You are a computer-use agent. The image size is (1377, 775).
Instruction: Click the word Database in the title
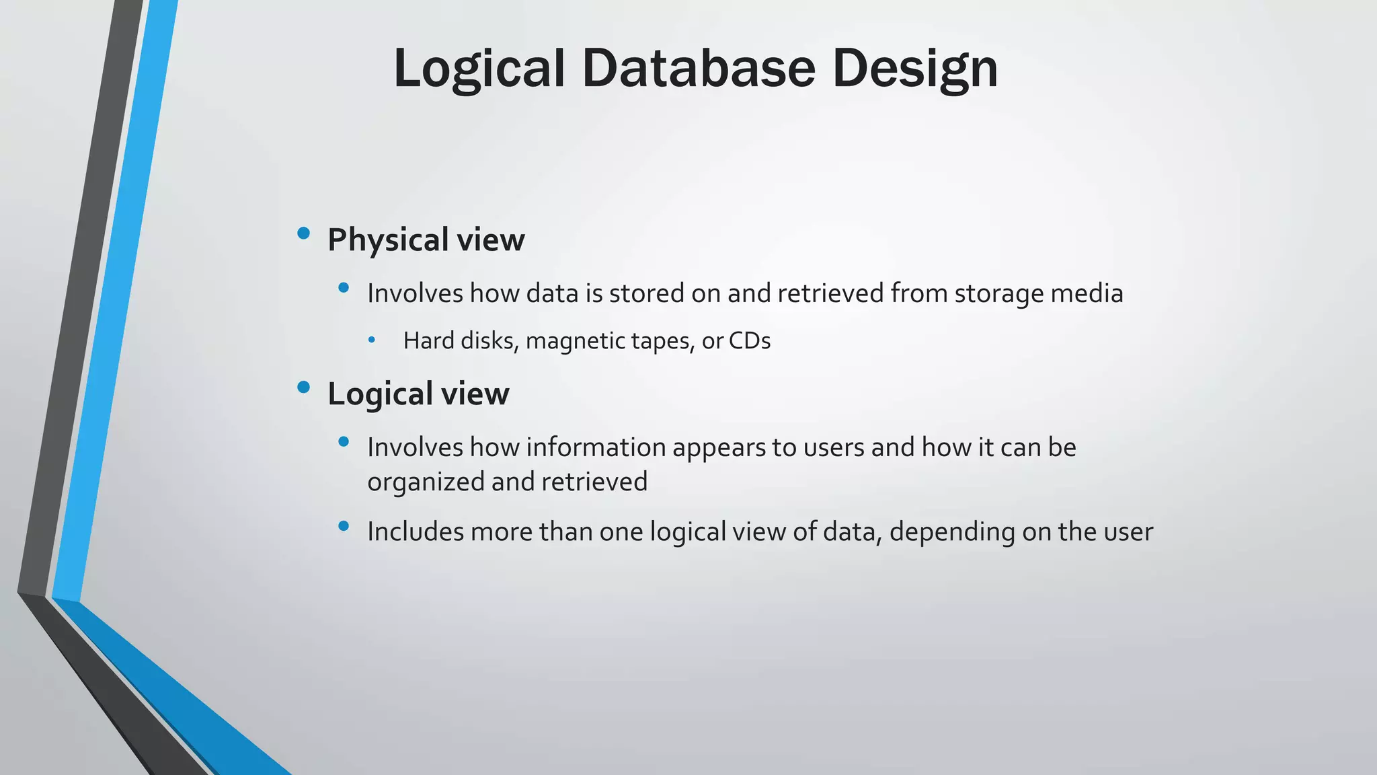pos(699,68)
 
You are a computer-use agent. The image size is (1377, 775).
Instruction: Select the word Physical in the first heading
pos(388,240)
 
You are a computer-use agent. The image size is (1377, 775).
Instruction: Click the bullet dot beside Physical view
pos(303,233)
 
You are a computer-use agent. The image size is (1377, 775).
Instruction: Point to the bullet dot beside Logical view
pos(303,387)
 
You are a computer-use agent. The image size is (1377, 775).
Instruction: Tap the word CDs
pos(749,341)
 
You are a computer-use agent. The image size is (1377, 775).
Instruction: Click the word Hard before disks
pos(428,341)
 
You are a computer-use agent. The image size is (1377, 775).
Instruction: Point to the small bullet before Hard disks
pos(372,340)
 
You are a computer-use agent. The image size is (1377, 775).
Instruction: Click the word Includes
pos(415,532)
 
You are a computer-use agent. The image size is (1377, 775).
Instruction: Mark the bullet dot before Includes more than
pos(344,526)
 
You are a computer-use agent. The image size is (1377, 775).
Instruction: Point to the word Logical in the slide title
pos(479,69)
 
